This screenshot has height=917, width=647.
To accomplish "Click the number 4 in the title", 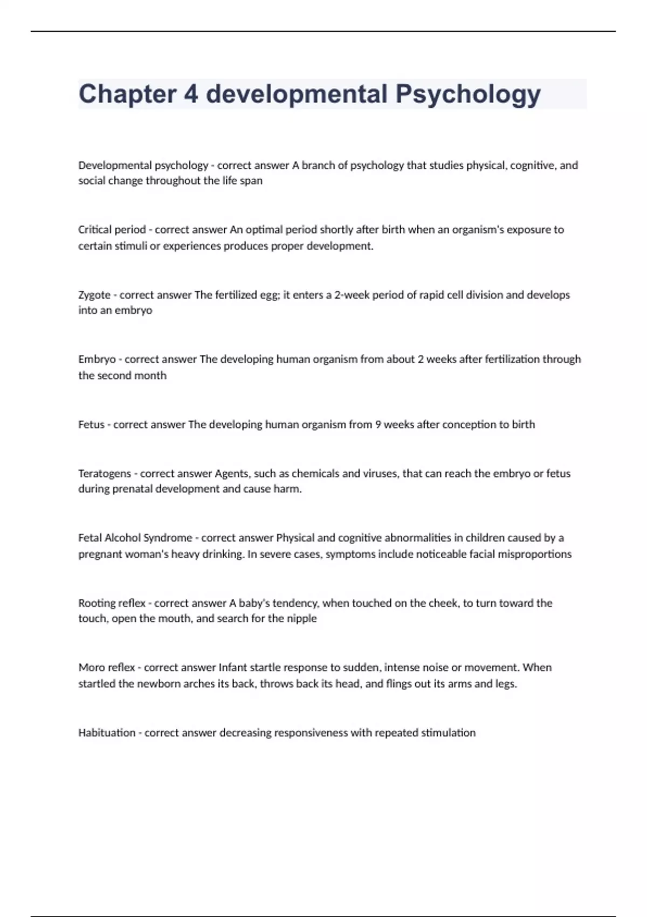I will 191,94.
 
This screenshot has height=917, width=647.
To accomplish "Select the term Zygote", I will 94,295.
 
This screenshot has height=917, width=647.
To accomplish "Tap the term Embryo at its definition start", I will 97,359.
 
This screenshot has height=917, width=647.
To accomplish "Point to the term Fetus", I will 91,425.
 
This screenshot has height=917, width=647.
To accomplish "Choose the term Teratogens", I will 105,474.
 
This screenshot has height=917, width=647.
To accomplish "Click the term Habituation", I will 107,733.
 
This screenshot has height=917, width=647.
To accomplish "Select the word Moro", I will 91,667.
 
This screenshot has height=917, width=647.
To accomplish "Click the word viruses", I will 380,474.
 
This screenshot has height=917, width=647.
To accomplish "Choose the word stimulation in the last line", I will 448,733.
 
